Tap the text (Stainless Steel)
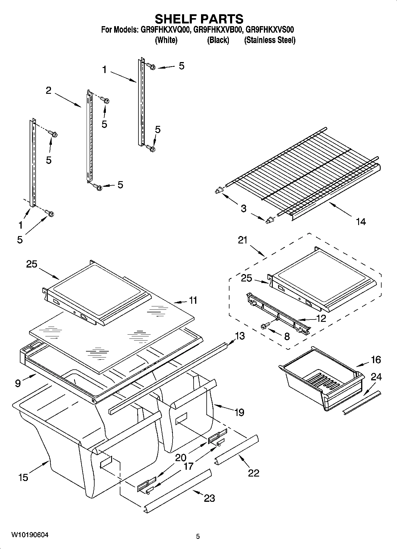click(270, 40)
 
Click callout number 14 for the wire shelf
click(361, 222)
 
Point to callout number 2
click(49, 91)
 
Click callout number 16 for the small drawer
click(376, 360)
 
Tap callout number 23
click(209, 498)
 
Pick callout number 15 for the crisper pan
click(23, 477)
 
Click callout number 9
click(18, 383)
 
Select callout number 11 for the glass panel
click(193, 300)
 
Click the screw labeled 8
click(264, 326)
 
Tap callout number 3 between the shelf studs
click(243, 208)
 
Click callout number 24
click(376, 377)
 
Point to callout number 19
click(239, 412)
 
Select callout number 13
click(240, 336)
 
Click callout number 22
click(253, 473)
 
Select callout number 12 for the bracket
click(321, 319)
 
